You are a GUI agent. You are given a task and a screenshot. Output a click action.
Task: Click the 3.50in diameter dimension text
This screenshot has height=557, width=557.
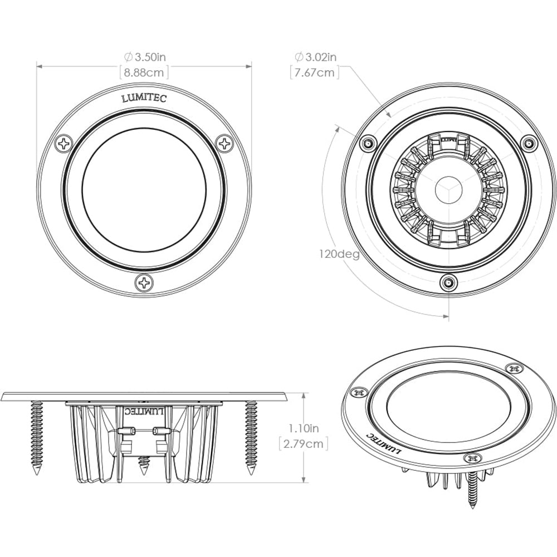tap(144, 57)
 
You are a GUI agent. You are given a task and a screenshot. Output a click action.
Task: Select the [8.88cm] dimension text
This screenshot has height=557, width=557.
tap(144, 72)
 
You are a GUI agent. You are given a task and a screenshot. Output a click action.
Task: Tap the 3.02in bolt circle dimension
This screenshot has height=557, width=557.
tap(315, 57)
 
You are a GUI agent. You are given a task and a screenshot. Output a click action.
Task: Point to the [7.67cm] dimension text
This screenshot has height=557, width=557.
tap(315, 72)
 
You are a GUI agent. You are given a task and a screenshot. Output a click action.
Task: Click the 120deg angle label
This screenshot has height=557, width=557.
tap(339, 255)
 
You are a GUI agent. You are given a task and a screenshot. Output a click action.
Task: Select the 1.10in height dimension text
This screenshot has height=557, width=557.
tap(303, 428)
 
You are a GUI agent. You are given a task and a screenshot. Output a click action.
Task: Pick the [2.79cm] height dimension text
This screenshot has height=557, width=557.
tap(303, 443)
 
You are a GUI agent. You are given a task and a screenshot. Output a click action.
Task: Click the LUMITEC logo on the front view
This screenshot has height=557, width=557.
tap(144, 99)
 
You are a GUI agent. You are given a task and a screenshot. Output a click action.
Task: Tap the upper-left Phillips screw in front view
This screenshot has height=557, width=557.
tap(64, 144)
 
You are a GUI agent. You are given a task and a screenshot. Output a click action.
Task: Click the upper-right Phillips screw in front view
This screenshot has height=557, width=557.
tap(225, 144)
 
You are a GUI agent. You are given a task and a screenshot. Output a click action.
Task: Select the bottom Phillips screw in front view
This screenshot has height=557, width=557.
tap(144, 282)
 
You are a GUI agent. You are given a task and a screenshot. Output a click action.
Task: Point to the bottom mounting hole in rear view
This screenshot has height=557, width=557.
tap(447, 283)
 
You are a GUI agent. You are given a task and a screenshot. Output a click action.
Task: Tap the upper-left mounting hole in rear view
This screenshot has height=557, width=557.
tap(367, 143)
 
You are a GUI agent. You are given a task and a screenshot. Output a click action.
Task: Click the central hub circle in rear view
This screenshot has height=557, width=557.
tap(447, 188)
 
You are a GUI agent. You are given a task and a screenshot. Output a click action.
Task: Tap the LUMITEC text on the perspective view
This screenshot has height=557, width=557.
tap(383, 443)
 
